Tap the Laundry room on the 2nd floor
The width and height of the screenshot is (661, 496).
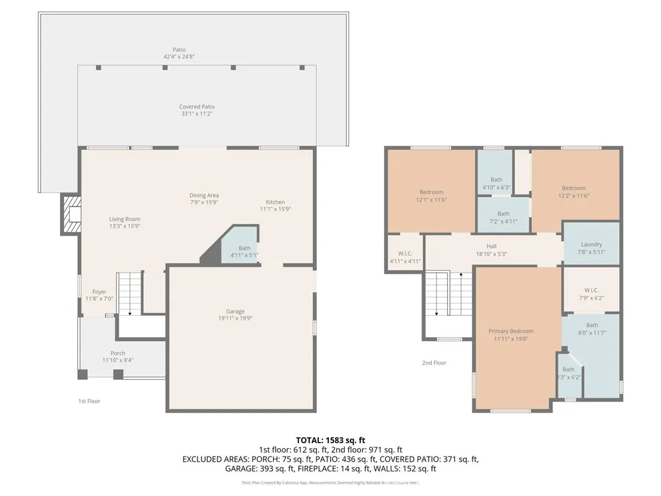click(591, 245)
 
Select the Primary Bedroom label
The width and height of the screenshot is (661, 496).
click(511, 331)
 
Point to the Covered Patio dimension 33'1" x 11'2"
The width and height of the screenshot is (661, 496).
click(197, 114)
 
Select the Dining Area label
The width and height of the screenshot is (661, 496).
click(204, 196)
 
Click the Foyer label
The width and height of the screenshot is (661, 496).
click(99, 292)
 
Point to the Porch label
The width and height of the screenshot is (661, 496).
click(117, 353)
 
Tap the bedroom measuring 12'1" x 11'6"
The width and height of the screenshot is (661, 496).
click(431, 192)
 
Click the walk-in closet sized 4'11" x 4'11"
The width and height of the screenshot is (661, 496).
click(405, 253)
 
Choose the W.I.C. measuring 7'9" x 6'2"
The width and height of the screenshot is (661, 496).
click(591, 290)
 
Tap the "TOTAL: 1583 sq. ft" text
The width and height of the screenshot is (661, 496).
click(330, 440)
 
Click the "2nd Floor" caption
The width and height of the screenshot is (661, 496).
click(434, 363)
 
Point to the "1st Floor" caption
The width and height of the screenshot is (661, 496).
click(88, 401)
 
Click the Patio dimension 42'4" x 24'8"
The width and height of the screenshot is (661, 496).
click(179, 57)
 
